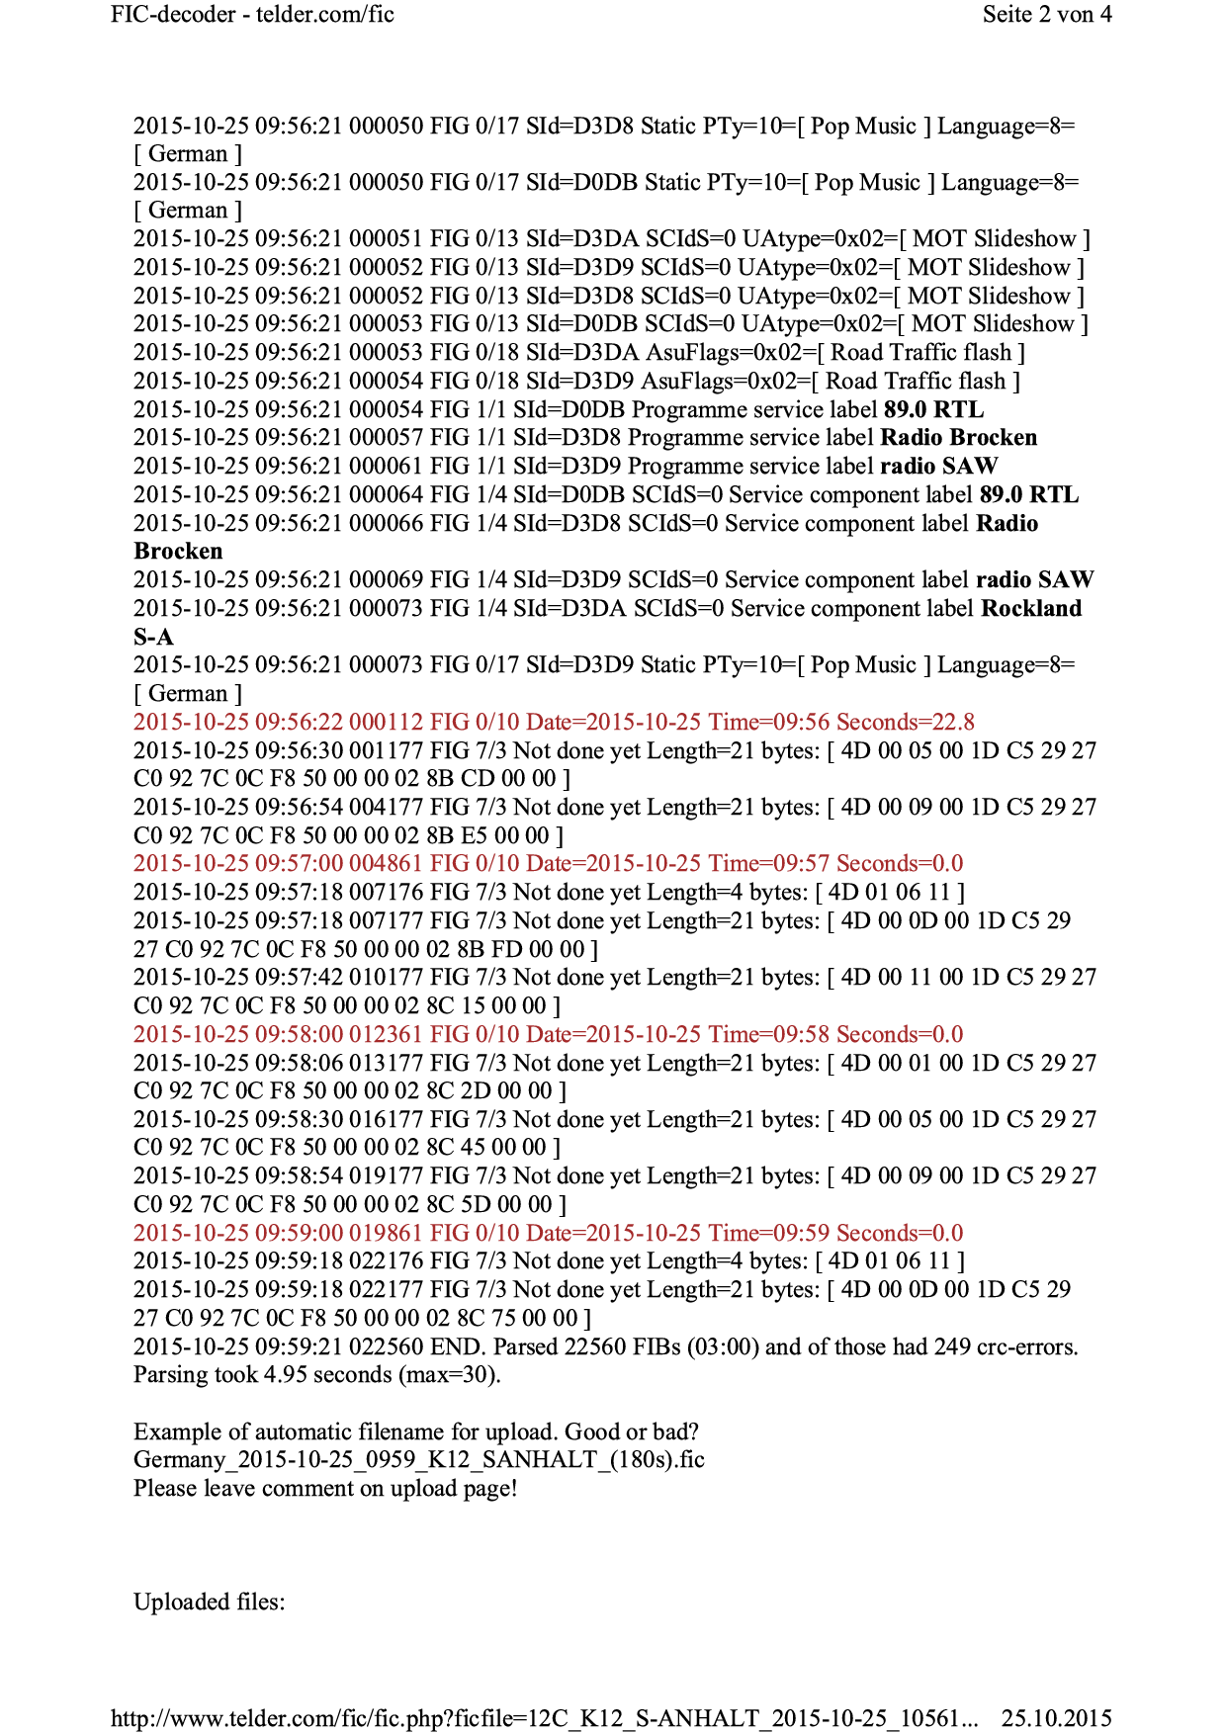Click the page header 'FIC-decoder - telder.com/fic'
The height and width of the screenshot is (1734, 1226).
[x=252, y=15]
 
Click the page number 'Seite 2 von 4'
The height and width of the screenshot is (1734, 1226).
[x=1046, y=15]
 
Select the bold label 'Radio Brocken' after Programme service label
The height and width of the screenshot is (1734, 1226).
[x=958, y=438]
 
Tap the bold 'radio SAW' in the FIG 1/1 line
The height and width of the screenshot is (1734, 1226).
[x=938, y=467]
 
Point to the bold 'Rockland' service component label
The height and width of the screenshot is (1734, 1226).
[x=1030, y=609]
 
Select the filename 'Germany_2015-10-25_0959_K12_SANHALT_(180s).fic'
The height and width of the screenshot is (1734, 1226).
[x=418, y=1460]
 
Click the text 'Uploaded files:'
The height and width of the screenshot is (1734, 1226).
[x=209, y=1603]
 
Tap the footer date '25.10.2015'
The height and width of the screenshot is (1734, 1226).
[x=1056, y=1718]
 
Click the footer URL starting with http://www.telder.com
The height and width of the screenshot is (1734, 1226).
[x=544, y=1718]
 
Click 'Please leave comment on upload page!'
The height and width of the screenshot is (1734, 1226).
[x=325, y=1489]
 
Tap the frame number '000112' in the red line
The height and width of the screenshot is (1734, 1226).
[x=386, y=723]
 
